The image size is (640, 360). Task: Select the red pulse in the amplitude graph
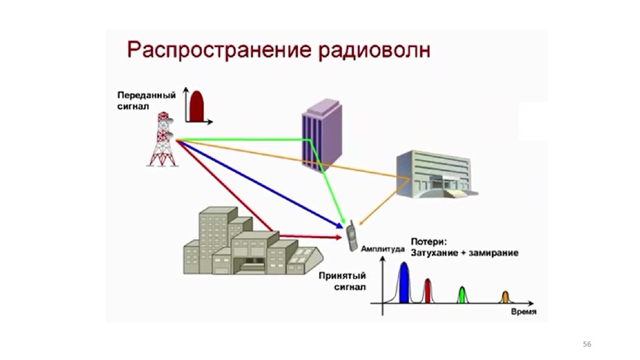tap(427, 291)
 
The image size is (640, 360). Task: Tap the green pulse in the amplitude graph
tap(462, 295)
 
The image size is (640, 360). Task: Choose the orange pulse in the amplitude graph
tap(505, 297)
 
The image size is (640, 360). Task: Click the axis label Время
tap(522, 312)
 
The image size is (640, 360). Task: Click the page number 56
tap(586, 344)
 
